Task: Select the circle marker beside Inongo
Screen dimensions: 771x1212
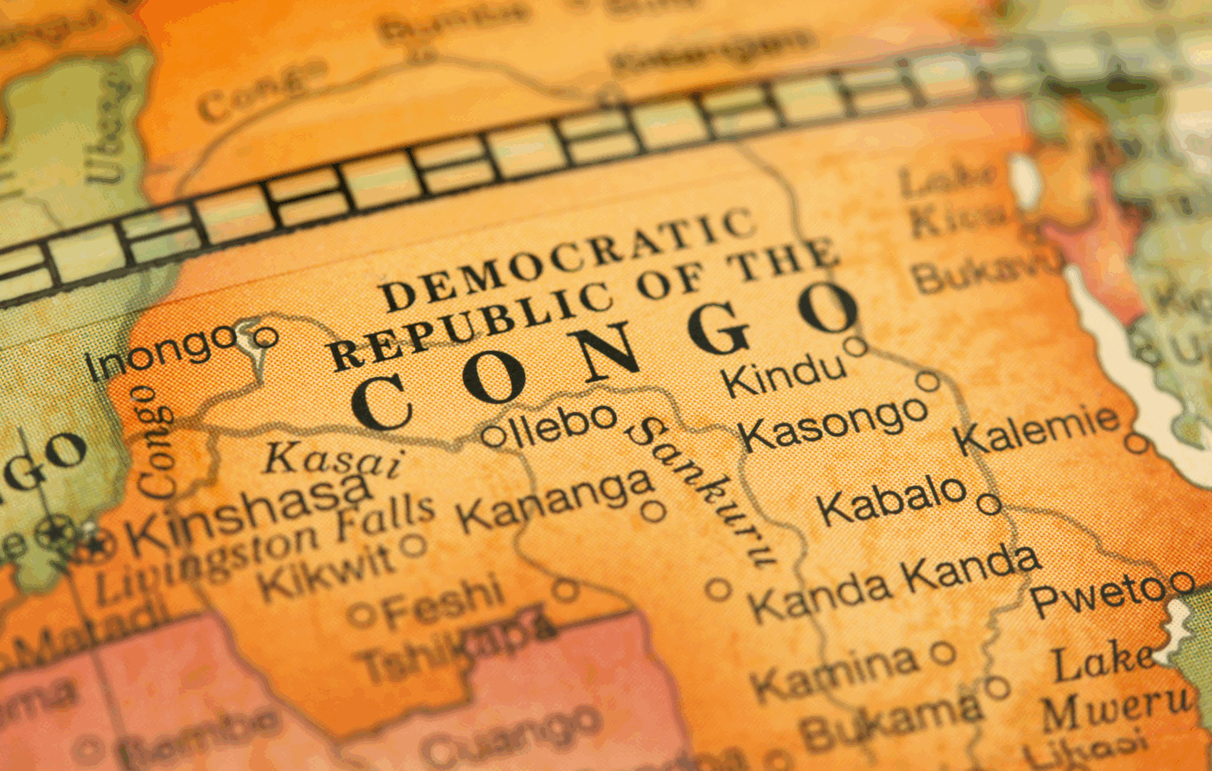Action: (x=265, y=337)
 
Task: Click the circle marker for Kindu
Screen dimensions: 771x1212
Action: (x=855, y=346)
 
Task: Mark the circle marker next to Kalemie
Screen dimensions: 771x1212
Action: (x=1137, y=443)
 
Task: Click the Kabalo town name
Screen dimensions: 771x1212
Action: (x=892, y=500)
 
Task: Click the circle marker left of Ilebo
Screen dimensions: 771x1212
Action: (x=493, y=435)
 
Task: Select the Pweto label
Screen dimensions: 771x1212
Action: (x=1098, y=595)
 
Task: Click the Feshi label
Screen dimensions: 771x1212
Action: (x=442, y=602)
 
